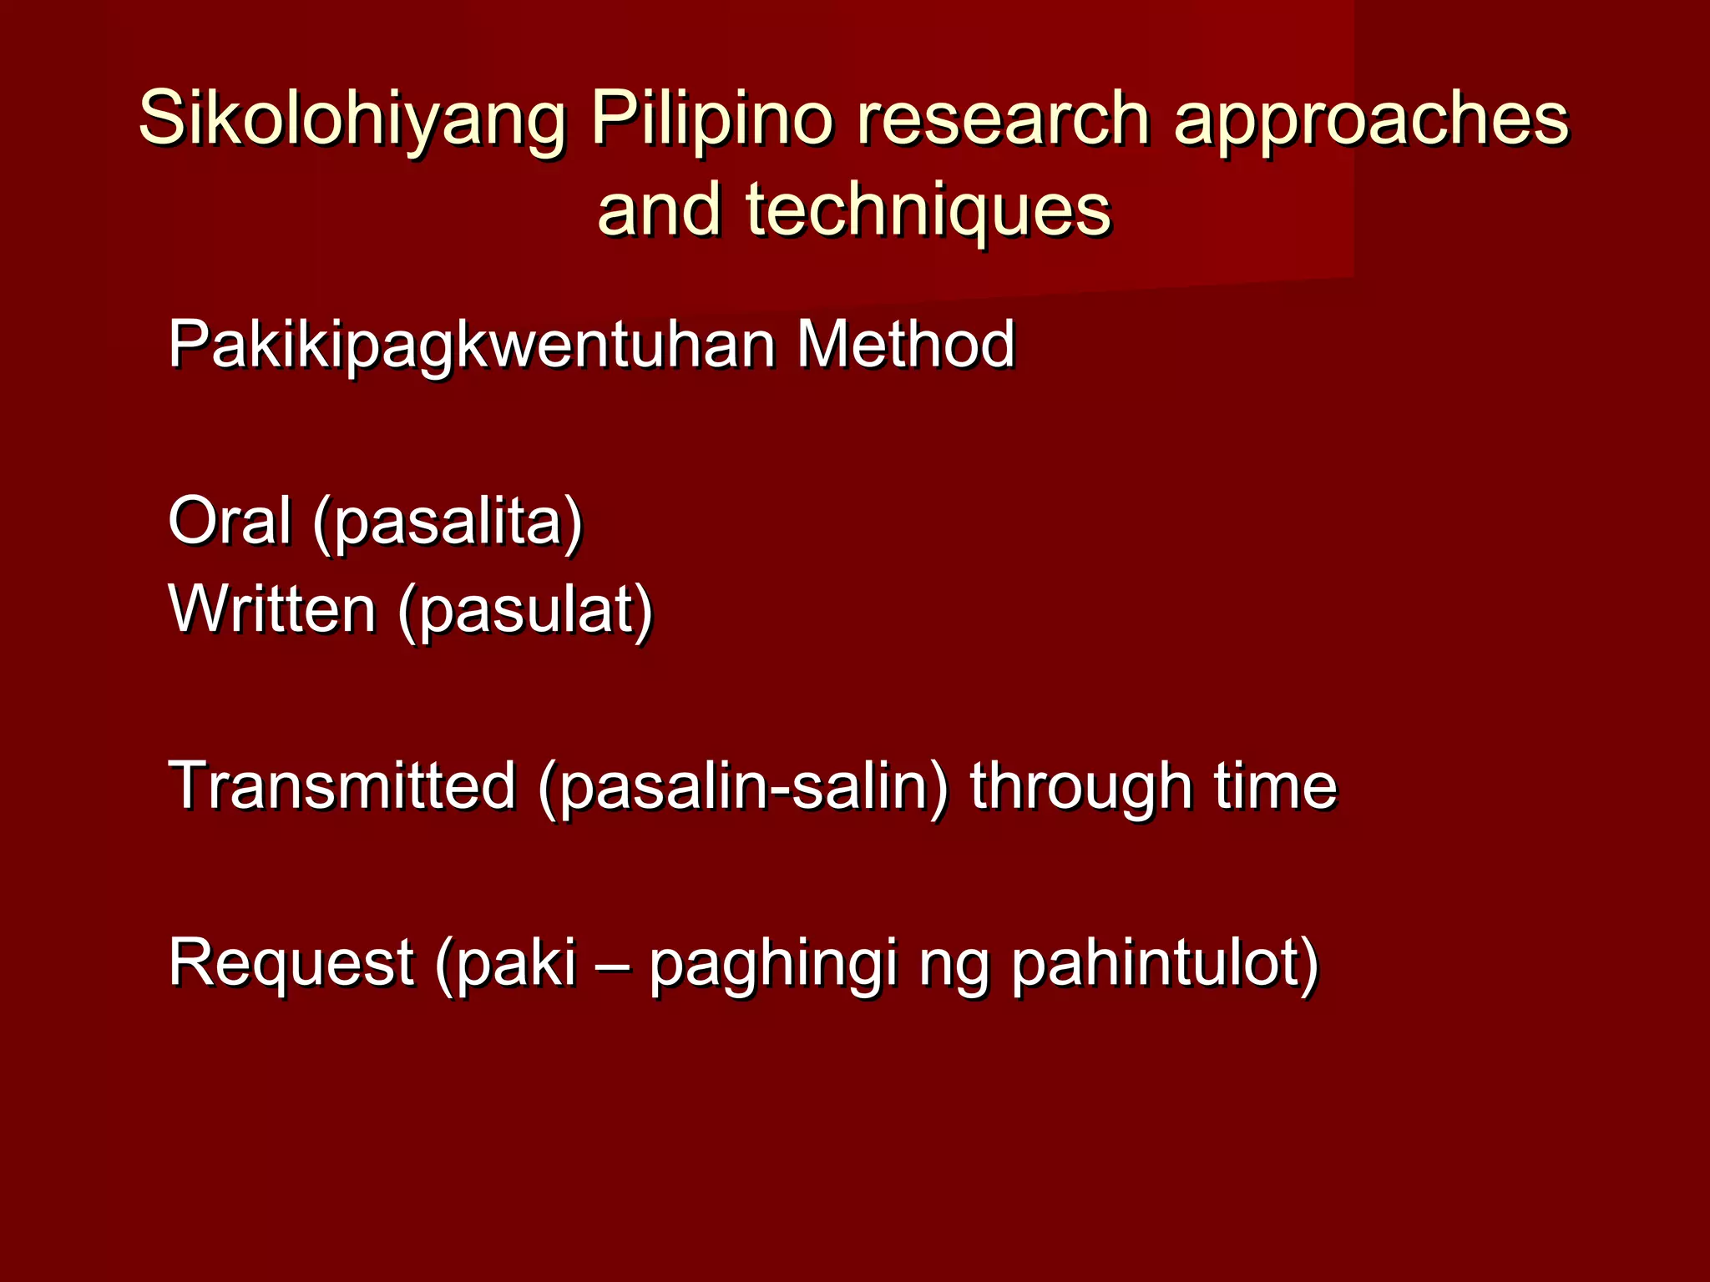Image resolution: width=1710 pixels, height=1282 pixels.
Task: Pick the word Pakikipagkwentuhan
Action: coord(471,344)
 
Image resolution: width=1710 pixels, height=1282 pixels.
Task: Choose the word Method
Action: coord(906,344)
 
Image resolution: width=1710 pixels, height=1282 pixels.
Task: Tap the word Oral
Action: coord(230,520)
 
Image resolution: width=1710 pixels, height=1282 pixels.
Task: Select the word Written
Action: coord(272,608)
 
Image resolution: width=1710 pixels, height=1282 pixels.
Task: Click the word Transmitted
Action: coord(342,785)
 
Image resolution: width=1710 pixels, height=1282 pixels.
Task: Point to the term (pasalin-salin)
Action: coord(744,787)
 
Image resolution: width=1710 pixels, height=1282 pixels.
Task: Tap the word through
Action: coord(1080,787)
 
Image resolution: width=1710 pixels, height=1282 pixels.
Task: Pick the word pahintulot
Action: coord(1156,963)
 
